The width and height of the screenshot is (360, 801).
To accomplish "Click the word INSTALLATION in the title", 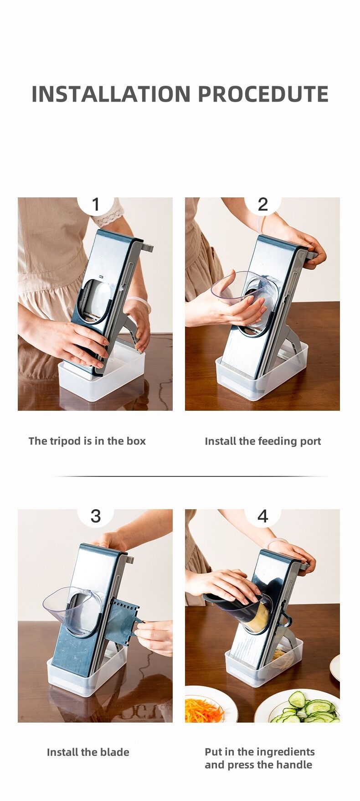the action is coord(111,94).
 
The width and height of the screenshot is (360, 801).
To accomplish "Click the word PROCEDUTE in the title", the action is coord(263,94).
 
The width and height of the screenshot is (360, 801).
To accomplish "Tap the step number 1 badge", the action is coord(96,205).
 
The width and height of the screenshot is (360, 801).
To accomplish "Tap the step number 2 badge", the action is coord(263,205).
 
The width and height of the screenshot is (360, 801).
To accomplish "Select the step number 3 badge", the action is coord(96,517).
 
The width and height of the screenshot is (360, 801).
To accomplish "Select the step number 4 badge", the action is coord(263,517).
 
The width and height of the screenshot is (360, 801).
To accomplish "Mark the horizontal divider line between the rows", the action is coord(190,476).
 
